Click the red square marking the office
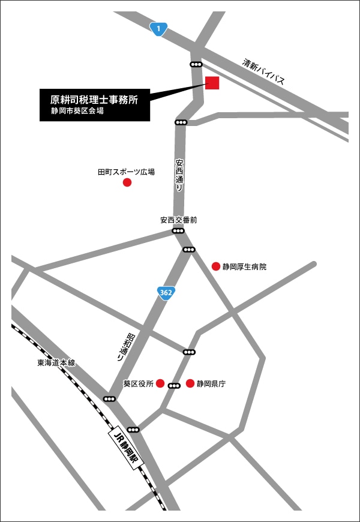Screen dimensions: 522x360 coord(212,83)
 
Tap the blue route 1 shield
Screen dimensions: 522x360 coord(158,28)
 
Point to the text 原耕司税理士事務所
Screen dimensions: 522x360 coord(94,100)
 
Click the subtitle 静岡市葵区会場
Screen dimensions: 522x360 coord(77,111)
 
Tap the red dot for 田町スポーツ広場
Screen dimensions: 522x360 coord(127,182)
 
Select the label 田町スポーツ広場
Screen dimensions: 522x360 coord(126,172)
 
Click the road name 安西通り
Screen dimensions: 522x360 coord(179,175)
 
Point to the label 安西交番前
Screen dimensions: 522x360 coord(178,220)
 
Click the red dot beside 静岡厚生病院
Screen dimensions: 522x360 coord(216,266)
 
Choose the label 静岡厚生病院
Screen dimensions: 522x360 coord(244,266)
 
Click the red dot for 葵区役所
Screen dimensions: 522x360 coord(160,383)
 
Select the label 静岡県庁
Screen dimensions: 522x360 coord(211,383)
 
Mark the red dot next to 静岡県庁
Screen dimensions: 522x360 coord(190,383)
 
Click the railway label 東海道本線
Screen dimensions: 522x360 coord(56,362)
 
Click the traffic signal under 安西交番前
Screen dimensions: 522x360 coord(178,231)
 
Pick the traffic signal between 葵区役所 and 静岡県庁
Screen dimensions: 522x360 coord(174,386)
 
